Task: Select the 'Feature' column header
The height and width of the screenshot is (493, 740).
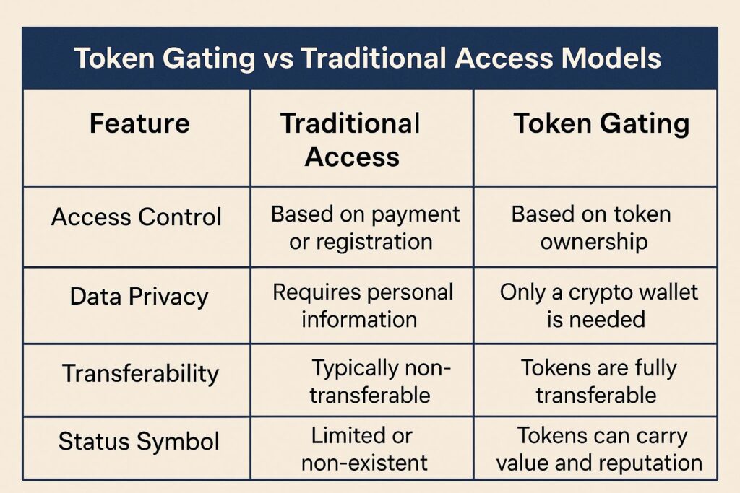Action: pos(139,123)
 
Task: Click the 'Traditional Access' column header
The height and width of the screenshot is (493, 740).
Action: pos(350,139)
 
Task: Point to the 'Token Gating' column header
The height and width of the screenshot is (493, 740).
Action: pos(601,124)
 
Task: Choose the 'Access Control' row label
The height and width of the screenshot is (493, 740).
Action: pos(137,217)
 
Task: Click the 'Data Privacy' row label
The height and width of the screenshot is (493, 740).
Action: pos(139,297)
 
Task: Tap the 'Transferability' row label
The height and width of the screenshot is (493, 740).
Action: pos(141,374)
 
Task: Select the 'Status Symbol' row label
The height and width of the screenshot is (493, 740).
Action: pos(139,442)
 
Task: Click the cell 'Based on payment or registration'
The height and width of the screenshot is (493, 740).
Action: pos(365,228)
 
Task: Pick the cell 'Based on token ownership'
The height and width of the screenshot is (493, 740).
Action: pos(592,228)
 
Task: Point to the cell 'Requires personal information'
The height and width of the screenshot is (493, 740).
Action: pos(363,306)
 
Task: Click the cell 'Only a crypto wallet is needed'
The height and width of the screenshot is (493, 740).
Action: pos(598,306)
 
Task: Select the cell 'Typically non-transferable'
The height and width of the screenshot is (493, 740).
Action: pos(376,382)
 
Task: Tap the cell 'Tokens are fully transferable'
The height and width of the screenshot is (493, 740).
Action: pos(598,382)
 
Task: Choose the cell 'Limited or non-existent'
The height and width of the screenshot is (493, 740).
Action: pos(363,449)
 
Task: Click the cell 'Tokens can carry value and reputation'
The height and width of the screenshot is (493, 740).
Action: pos(599,449)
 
